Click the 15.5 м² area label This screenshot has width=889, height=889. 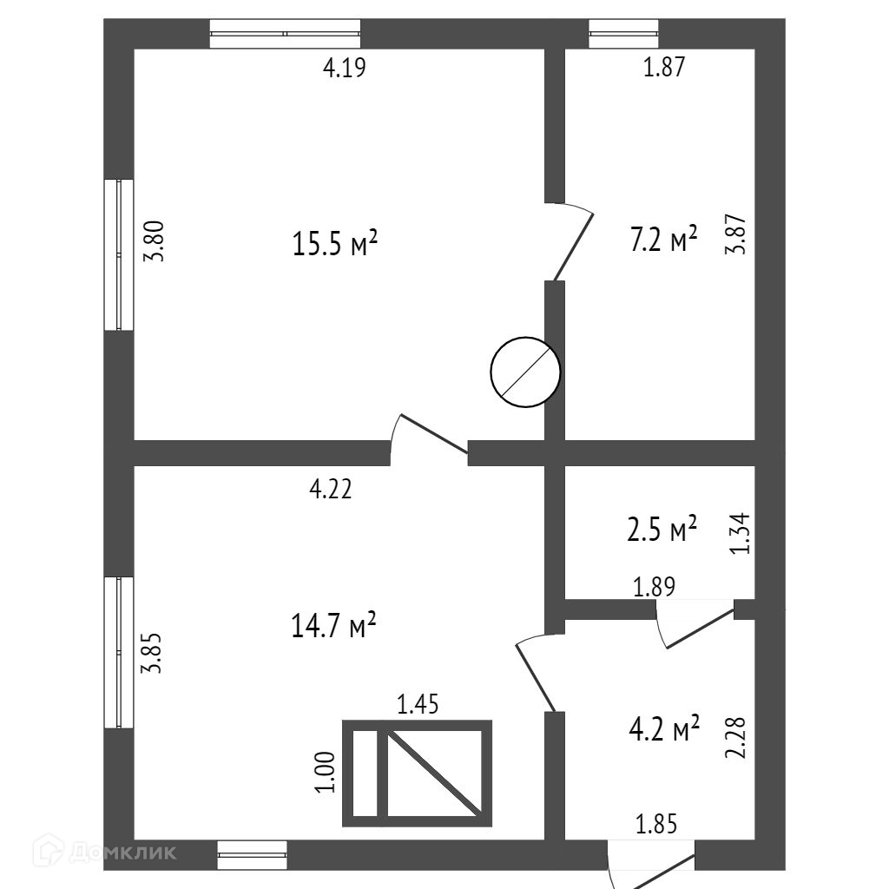[x=335, y=245]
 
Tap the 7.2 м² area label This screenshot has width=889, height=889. [x=663, y=240]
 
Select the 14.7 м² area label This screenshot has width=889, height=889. [x=334, y=625]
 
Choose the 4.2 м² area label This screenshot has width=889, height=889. [x=663, y=729]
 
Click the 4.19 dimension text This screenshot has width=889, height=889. [x=345, y=69]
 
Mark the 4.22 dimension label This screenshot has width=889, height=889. [x=331, y=491]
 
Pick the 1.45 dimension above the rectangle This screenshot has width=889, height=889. [x=418, y=704]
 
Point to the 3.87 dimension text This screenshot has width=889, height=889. [x=736, y=234]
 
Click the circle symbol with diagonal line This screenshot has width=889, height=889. [x=525, y=372]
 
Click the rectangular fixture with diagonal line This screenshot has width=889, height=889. [x=418, y=773]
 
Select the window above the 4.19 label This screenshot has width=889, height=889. [x=285, y=33]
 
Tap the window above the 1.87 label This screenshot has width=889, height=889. [x=623, y=33]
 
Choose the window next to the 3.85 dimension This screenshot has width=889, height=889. [x=119, y=652]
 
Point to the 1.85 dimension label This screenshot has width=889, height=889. [x=656, y=823]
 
